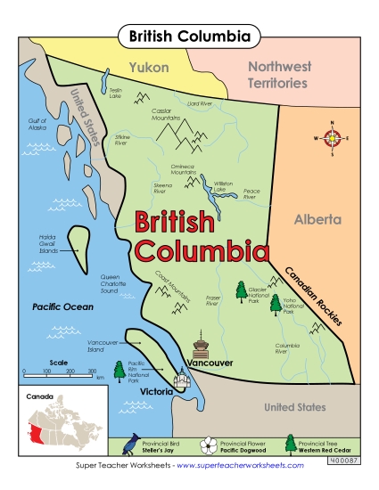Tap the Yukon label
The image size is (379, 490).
[x=147, y=67]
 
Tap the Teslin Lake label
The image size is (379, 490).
[x=115, y=93]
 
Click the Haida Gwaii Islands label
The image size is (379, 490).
[x=46, y=246]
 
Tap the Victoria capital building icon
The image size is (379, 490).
[x=183, y=380]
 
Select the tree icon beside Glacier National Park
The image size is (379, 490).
[x=240, y=290]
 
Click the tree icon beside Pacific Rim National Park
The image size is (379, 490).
[x=119, y=369]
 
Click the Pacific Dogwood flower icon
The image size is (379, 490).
[x=209, y=445]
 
